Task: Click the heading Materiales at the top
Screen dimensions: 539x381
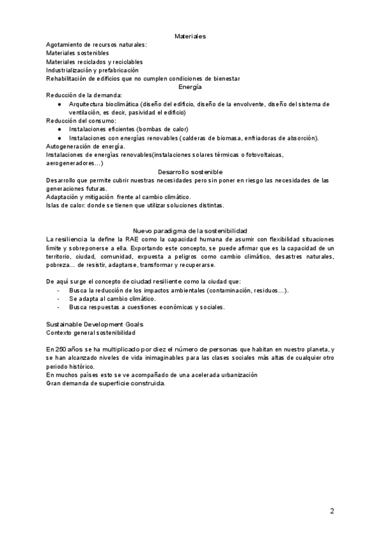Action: pyautogui.click(x=190, y=37)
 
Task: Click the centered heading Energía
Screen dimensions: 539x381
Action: pyautogui.click(x=190, y=86)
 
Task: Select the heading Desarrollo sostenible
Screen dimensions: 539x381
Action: pyautogui.click(x=190, y=172)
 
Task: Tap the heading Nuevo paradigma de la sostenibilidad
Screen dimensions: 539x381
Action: pyautogui.click(x=190, y=230)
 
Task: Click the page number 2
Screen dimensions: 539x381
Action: pyautogui.click(x=332, y=510)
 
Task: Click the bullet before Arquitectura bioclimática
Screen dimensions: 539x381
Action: pyautogui.click(x=59, y=104)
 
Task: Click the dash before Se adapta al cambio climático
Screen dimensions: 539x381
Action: pyautogui.click(x=58, y=299)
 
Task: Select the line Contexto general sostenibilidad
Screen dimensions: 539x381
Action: pyautogui.click(x=91, y=332)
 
